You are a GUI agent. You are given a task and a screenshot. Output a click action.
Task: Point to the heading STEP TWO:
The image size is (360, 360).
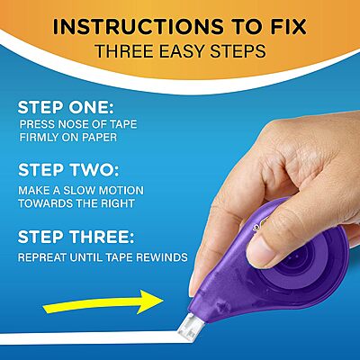[x=73, y=171]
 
